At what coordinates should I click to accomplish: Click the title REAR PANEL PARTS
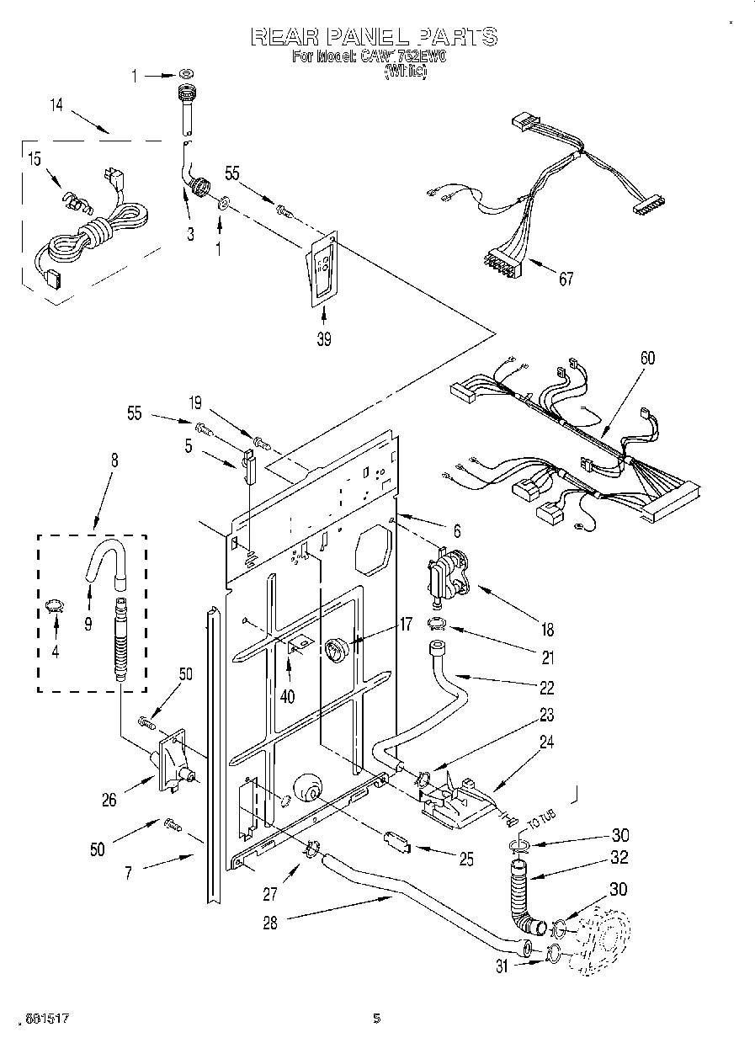tap(375, 37)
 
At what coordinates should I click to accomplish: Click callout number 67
tap(566, 279)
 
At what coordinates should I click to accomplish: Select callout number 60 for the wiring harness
tap(646, 359)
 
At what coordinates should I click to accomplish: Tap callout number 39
tap(323, 339)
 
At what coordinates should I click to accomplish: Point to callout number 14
tap(56, 105)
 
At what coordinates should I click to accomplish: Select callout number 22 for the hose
tap(546, 688)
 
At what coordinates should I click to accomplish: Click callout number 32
tap(619, 859)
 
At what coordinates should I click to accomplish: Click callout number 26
tap(109, 801)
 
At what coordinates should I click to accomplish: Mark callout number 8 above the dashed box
tap(114, 460)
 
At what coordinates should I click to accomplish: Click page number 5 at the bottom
tap(376, 1018)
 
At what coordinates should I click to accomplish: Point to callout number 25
tap(465, 859)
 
